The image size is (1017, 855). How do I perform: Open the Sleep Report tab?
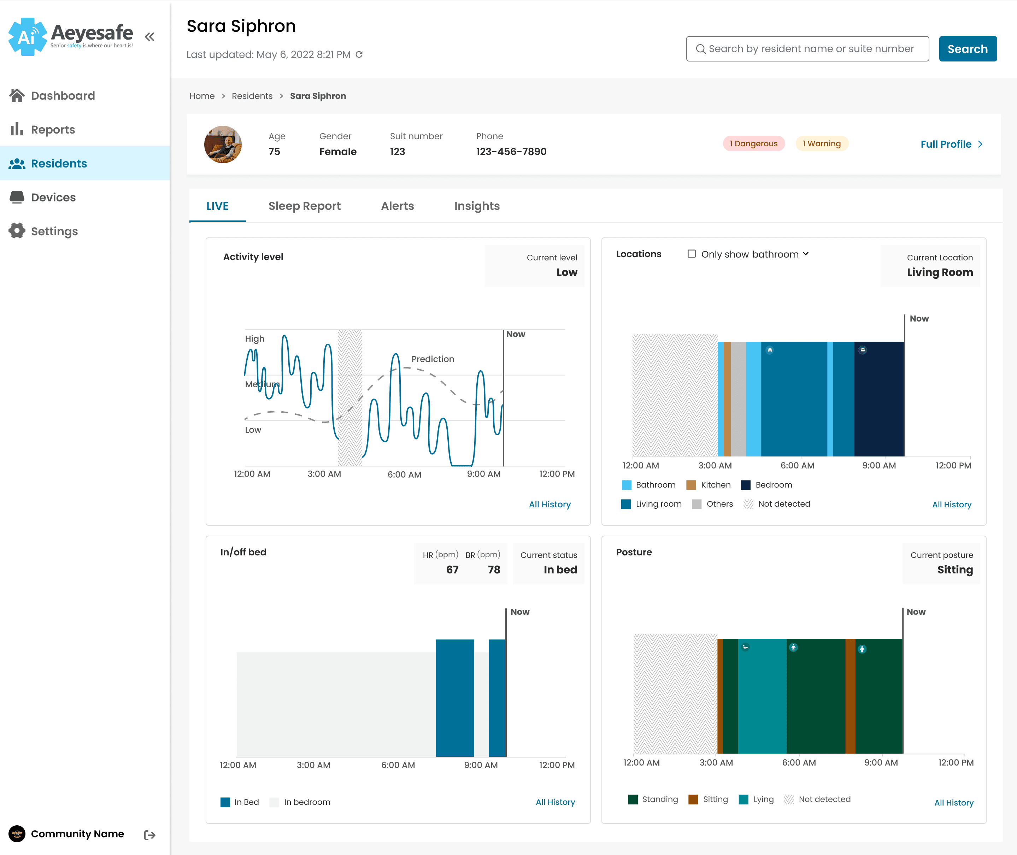tap(304, 206)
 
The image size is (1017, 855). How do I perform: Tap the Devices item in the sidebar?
tap(53, 197)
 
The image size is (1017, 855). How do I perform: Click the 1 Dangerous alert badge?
tap(754, 143)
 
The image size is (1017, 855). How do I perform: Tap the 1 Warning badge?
tap(822, 143)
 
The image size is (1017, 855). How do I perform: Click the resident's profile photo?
tap(223, 145)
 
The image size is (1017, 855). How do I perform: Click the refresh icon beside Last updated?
tap(359, 54)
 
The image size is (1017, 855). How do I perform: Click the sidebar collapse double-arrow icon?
tap(150, 36)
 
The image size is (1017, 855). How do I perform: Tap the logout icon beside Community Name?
tap(150, 835)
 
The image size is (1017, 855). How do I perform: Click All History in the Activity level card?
tap(550, 504)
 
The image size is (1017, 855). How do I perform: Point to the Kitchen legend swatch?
tap(691, 485)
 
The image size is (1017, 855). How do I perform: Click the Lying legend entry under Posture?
tap(756, 799)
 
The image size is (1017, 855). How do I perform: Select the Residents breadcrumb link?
tap(252, 96)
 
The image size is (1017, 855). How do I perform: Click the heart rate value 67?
tap(452, 570)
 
